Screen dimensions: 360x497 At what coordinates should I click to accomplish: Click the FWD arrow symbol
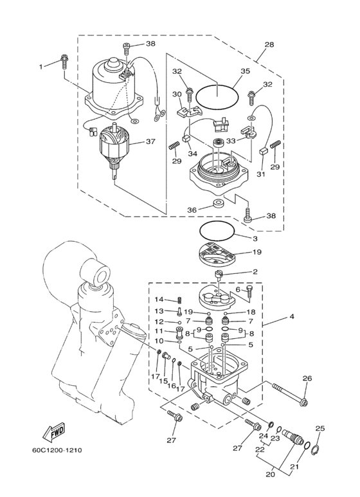pyautogui.click(x=54, y=432)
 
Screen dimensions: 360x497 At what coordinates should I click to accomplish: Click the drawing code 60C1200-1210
pyautogui.click(x=57, y=450)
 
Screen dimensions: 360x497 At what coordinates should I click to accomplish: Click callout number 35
pyautogui.click(x=245, y=71)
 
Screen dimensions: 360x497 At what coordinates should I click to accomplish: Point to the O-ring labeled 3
pyautogui.click(x=217, y=231)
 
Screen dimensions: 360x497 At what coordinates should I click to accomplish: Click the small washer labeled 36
pyautogui.click(x=218, y=203)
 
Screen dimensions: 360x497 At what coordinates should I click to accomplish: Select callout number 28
pyautogui.click(x=269, y=44)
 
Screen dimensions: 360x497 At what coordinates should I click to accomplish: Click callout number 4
pyautogui.click(x=292, y=316)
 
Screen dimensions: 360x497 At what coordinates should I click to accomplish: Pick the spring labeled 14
pyautogui.click(x=179, y=300)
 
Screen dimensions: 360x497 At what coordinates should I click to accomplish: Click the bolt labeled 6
pyautogui.click(x=249, y=291)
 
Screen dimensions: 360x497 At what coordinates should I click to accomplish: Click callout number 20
pyautogui.click(x=271, y=475)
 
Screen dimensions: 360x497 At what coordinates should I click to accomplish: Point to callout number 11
pyautogui.click(x=159, y=331)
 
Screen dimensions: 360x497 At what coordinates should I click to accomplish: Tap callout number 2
pyautogui.click(x=255, y=272)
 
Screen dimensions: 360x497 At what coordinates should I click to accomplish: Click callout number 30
pyautogui.click(x=177, y=94)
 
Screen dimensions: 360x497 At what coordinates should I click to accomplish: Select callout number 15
pyautogui.click(x=164, y=381)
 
